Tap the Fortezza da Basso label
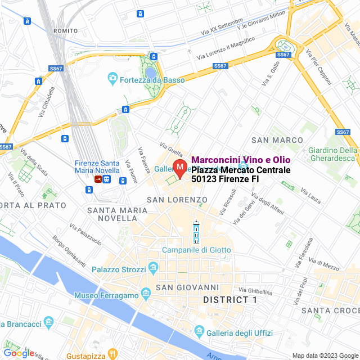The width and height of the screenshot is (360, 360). [152, 80]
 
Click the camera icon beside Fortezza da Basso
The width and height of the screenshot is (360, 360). [112, 78]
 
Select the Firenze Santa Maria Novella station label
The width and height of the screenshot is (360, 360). [97, 166]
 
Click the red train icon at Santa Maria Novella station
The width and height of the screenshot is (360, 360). [98, 180]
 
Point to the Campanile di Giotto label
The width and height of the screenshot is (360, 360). [196, 250]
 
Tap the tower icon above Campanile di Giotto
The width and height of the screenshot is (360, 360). [196, 232]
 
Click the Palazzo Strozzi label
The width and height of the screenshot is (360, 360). [118, 270]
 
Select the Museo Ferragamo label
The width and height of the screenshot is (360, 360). [106, 295]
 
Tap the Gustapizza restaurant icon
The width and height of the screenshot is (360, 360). [112, 354]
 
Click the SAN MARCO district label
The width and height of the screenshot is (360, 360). [277, 139]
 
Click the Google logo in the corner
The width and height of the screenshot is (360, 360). [19, 353]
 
